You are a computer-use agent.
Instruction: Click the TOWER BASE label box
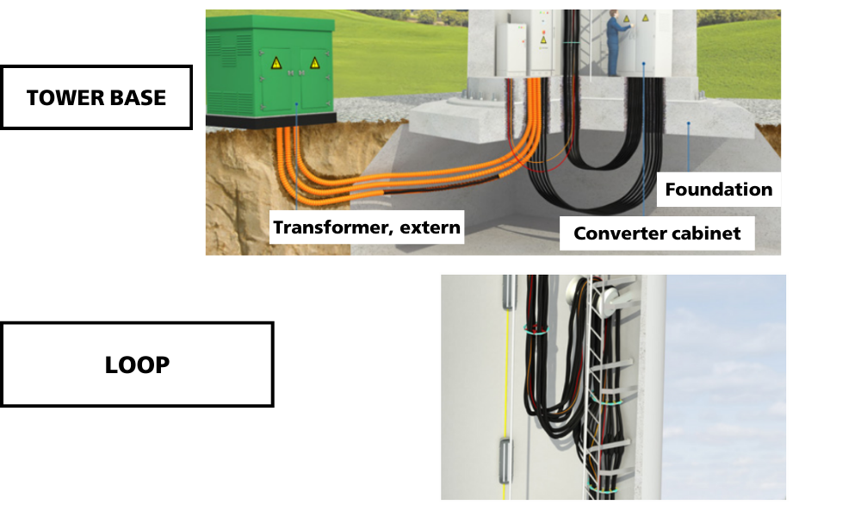(x=96, y=97)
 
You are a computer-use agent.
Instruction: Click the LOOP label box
(x=137, y=364)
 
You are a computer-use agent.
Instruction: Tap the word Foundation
(x=718, y=190)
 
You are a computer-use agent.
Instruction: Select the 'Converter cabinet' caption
(x=657, y=234)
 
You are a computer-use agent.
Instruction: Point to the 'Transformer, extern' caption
(x=367, y=228)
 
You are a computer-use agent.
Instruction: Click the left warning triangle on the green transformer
(x=276, y=63)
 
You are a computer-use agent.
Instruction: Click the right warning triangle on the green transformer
(x=314, y=63)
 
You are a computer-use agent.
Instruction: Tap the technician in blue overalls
(x=616, y=43)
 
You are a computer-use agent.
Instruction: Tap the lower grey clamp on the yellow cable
(x=507, y=453)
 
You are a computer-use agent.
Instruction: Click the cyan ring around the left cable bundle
(x=538, y=328)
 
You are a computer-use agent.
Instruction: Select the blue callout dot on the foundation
(x=689, y=124)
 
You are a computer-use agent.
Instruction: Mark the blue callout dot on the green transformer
(x=295, y=103)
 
